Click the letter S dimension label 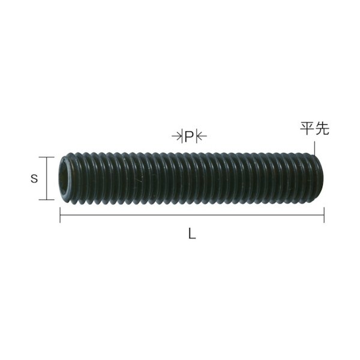(34, 178)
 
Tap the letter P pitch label (189, 137)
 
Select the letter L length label (191, 235)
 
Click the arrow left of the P (177, 137)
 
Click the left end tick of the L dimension (59, 215)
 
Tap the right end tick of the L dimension (324, 215)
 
